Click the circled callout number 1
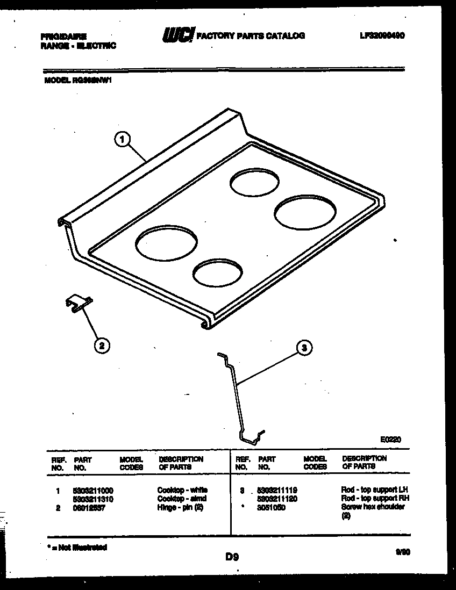(123, 140)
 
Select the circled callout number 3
(304, 348)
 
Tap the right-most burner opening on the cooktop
(305, 213)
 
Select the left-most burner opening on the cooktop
(166, 243)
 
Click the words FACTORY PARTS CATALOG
(251, 36)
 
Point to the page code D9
(232, 557)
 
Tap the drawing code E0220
(391, 440)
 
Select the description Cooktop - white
(182, 490)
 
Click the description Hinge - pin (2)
(180, 507)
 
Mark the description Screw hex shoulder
(373, 507)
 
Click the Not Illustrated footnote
(77, 548)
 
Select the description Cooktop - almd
(182, 499)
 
